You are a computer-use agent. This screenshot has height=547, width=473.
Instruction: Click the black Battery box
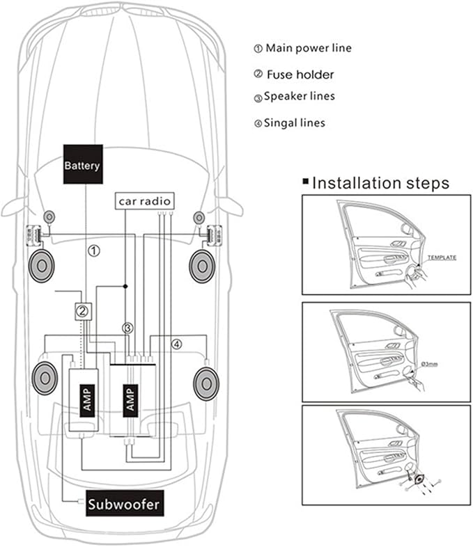click(x=83, y=165)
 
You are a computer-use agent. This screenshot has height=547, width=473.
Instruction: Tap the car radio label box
click(x=144, y=201)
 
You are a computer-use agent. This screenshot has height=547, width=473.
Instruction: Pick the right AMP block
click(x=130, y=398)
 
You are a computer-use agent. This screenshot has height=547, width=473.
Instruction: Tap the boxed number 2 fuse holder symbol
click(x=82, y=311)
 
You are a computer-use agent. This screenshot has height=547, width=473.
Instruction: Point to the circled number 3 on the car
click(x=127, y=327)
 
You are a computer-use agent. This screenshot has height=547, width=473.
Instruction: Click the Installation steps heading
click(x=380, y=184)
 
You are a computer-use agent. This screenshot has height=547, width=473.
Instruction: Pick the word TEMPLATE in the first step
click(x=442, y=257)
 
